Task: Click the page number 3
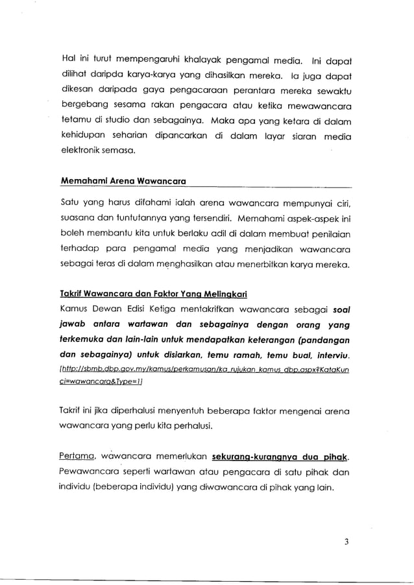(348, 543)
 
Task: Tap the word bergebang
(84, 104)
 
